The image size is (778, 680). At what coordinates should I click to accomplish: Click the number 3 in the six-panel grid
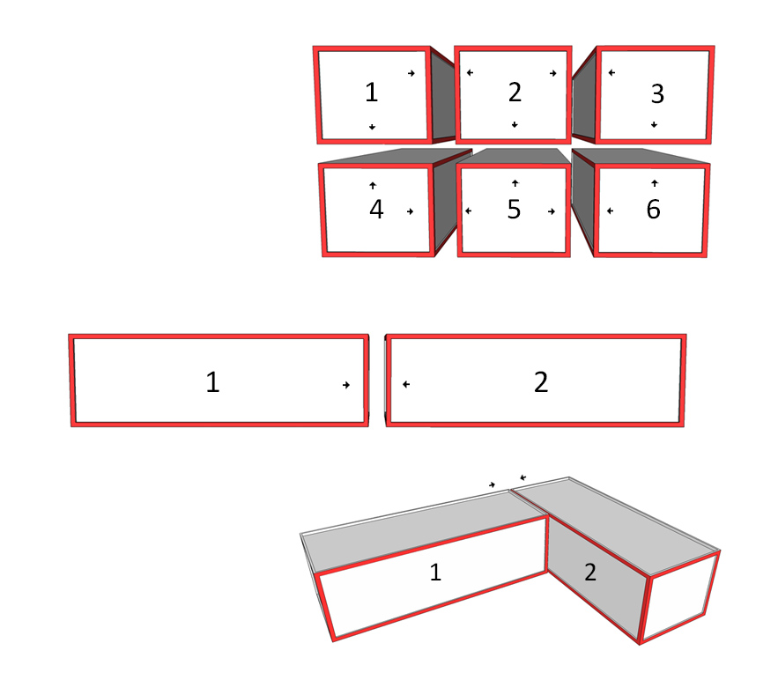click(x=657, y=93)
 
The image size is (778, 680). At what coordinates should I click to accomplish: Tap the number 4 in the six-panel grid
click(x=376, y=210)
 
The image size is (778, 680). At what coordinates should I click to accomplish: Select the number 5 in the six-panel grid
click(x=514, y=210)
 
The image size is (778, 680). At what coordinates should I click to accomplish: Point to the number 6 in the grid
click(x=654, y=210)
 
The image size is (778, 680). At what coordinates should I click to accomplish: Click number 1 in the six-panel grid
click(x=372, y=92)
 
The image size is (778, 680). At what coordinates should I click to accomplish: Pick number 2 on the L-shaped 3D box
click(x=590, y=573)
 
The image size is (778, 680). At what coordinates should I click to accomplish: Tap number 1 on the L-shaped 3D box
click(x=435, y=573)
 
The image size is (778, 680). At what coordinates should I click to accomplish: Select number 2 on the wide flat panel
click(x=541, y=382)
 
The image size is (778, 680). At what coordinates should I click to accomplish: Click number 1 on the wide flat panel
click(x=212, y=382)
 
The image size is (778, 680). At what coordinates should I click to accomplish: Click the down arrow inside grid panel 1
click(x=372, y=127)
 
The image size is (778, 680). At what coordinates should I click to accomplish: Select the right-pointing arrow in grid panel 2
click(x=552, y=73)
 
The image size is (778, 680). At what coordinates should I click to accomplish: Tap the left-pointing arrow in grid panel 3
click(x=611, y=73)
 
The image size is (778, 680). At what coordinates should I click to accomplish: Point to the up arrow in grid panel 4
click(x=373, y=186)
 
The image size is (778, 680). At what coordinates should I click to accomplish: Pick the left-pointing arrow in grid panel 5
click(x=469, y=211)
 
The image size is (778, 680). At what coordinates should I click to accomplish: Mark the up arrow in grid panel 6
click(x=655, y=183)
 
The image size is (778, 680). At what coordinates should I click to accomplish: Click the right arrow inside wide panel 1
click(x=346, y=385)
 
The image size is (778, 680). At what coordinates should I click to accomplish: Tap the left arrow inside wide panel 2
click(x=406, y=384)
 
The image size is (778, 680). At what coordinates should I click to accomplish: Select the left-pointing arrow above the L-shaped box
click(x=522, y=477)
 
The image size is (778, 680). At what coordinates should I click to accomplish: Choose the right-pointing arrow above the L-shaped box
click(x=492, y=484)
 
